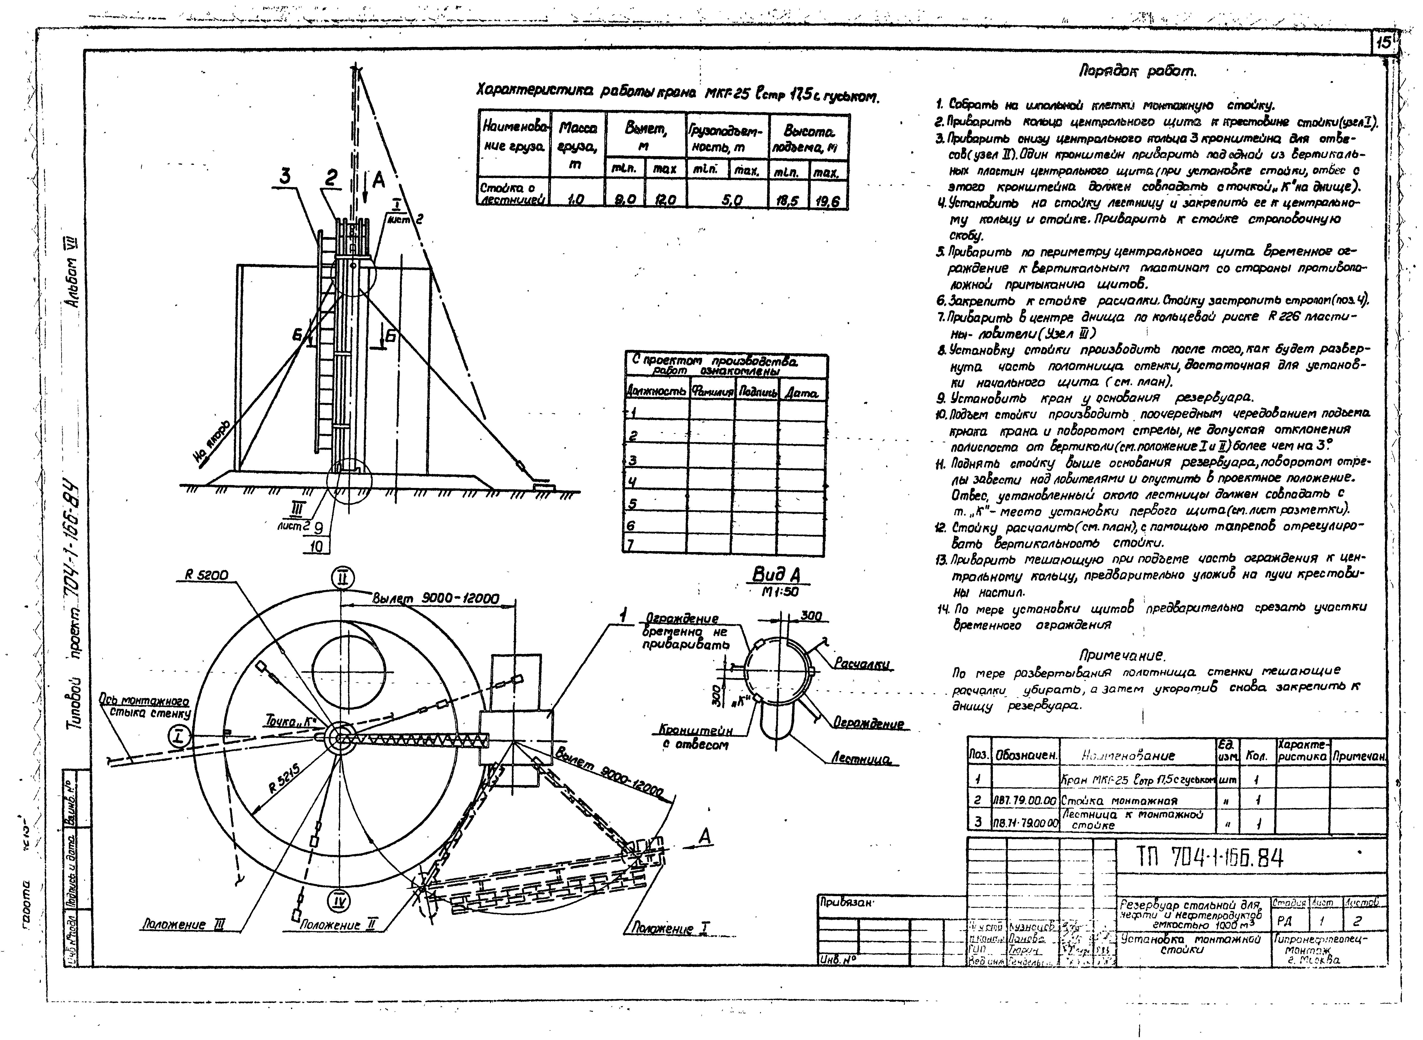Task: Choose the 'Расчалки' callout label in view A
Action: (863, 664)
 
